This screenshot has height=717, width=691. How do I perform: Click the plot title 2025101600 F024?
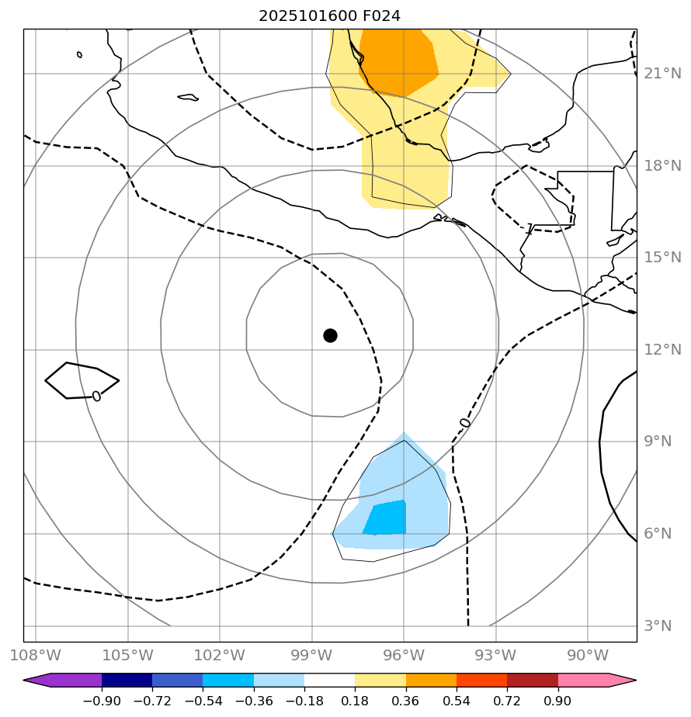(330, 16)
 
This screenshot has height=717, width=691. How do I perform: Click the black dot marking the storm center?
(330, 335)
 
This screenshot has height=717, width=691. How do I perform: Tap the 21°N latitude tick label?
(662, 74)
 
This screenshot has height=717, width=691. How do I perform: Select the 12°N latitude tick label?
(662, 349)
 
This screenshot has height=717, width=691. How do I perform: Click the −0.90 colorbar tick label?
(102, 701)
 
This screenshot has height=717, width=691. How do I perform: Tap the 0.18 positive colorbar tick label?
(355, 701)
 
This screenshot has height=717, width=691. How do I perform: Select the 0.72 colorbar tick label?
(507, 701)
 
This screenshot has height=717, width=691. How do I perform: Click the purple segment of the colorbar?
(70, 681)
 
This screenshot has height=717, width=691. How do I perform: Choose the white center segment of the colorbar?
(330, 681)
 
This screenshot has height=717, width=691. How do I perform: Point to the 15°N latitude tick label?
(662, 258)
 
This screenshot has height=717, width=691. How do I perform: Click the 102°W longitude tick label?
(220, 655)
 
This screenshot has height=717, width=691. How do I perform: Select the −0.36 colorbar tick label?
(254, 701)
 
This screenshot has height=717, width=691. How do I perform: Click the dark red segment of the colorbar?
(533, 681)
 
